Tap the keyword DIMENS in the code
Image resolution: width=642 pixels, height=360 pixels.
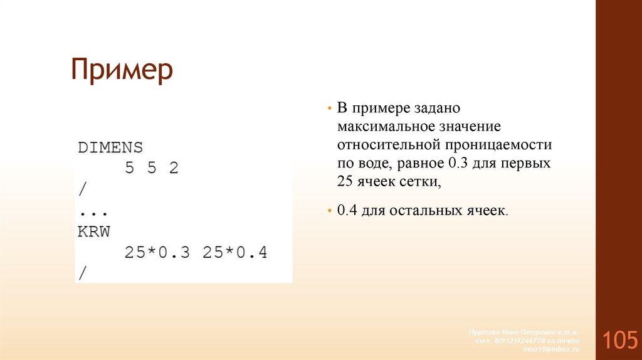click(110, 147)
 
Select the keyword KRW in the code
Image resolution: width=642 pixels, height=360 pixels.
click(93, 231)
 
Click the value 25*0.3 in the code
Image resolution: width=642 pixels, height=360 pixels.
click(157, 253)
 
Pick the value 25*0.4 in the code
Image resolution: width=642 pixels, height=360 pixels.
click(236, 253)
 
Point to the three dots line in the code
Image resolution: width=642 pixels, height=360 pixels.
click(93, 211)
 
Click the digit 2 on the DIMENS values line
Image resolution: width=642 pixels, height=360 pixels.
click(174, 168)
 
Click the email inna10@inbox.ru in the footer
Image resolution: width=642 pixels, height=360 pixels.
click(552, 348)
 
